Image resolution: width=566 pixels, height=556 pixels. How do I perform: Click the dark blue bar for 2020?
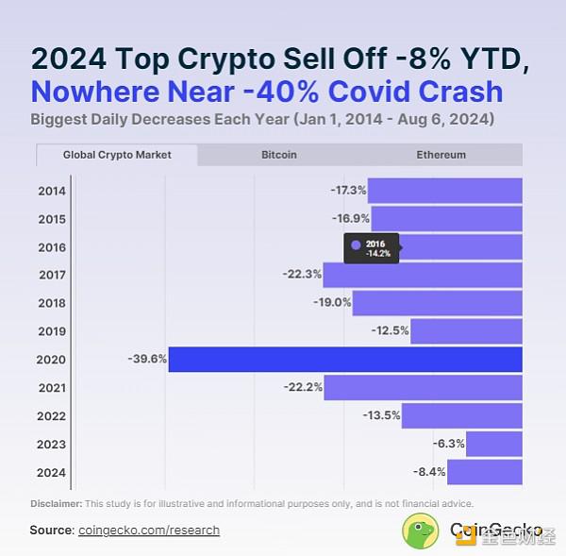[344, 359]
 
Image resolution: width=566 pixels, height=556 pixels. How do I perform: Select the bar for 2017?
[422, 275]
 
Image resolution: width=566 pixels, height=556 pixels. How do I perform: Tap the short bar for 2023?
[493, 444]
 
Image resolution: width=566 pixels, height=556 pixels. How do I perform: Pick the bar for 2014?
[444, 191]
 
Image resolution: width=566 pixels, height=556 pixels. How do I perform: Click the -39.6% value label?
[146, 359]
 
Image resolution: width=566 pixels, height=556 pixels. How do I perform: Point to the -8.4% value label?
[428, 471]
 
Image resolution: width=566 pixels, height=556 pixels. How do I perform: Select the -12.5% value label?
[390, 330]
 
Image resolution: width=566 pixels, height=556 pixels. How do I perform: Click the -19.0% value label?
[332, 303]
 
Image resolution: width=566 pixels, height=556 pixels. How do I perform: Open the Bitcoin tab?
[278, 154]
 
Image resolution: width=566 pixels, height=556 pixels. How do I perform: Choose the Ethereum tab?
[441, 154]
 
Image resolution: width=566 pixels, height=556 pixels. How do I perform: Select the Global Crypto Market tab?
[117, 154]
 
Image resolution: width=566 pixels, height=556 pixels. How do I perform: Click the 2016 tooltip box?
[372, 248]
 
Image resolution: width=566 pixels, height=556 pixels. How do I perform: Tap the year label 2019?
[52, 331]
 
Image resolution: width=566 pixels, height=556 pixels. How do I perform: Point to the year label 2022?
[52, 415]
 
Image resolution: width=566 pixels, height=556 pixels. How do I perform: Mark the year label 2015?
[52, 219]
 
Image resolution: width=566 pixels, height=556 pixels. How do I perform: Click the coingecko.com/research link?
[148, 531]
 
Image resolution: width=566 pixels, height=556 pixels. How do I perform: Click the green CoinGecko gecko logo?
[421, 531]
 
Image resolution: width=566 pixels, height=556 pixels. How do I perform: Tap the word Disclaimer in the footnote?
[56, 503]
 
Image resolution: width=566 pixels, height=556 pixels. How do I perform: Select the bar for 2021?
[422, 387]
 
